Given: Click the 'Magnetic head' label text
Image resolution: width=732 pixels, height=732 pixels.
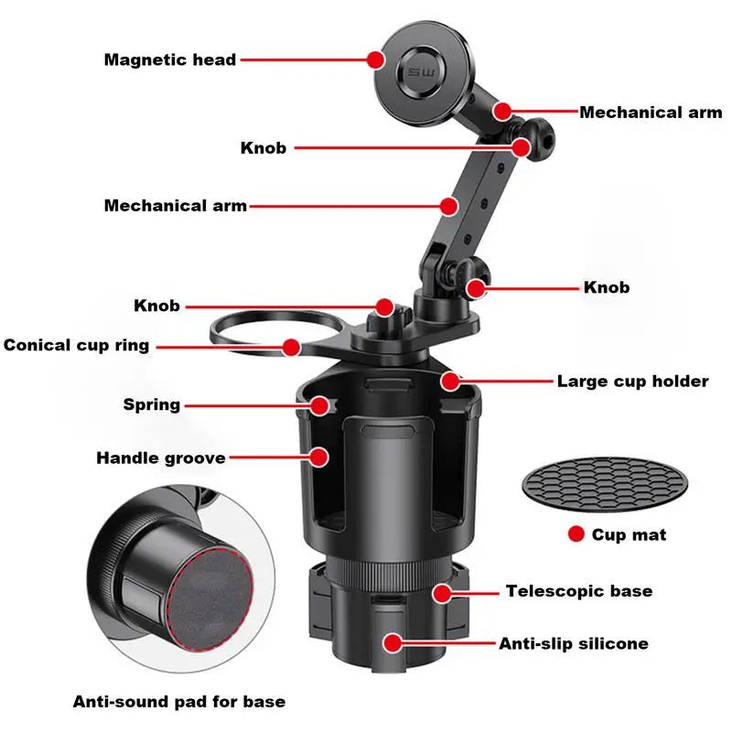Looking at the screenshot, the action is coord(170,60).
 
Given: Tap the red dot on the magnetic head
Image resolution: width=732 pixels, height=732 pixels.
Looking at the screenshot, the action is coord(376,59).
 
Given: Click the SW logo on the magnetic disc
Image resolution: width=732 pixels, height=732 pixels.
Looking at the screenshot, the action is coord(422,72).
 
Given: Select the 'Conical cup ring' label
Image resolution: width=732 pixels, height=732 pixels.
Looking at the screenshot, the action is coord(76,346).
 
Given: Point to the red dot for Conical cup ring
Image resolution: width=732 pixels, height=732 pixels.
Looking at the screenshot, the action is coord(291,348).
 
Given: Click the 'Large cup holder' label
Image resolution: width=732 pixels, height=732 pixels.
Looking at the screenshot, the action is coord(632,382).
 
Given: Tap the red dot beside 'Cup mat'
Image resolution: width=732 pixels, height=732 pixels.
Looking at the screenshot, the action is coord(576,533).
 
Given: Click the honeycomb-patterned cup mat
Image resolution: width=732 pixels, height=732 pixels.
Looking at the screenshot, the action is coord(605,484).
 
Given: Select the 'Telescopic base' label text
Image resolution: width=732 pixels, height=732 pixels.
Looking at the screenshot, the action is coord(579,591).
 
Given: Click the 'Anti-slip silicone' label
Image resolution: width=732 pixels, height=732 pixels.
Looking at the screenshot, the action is coord(574,644).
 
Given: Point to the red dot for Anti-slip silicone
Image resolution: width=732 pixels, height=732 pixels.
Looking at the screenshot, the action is coord(393,643).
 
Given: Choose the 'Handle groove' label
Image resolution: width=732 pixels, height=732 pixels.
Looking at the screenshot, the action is coord(161,458).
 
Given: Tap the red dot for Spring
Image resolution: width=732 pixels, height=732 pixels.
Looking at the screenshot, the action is coord(319,405).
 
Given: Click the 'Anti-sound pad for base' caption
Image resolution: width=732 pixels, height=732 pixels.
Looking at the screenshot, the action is coord(179,702).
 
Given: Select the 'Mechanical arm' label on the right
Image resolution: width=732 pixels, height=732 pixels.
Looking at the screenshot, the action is coord(651,113).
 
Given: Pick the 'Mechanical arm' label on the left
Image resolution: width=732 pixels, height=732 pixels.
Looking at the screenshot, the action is coord(175,206).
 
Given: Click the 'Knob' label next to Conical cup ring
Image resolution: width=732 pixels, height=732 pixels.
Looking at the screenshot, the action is coord(156,306).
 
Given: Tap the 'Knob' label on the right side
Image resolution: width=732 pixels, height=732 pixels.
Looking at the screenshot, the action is coord(607,287).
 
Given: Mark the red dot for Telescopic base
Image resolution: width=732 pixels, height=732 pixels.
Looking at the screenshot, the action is coord(442,593).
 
